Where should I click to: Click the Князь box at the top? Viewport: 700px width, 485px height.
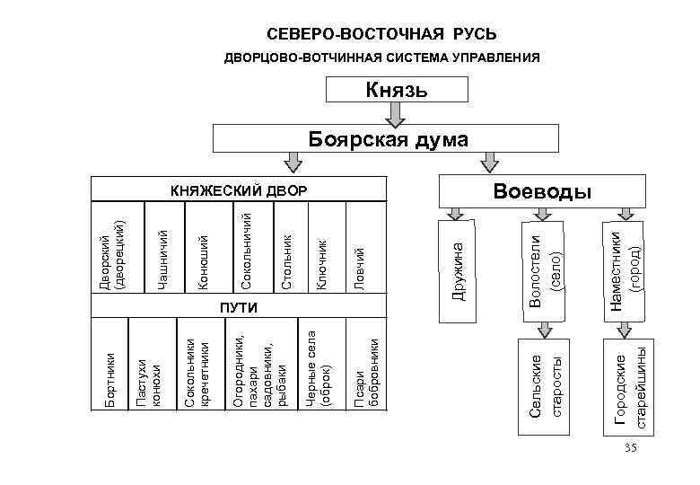pos(397,90)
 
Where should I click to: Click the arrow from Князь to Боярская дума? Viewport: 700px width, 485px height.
pos(395,114)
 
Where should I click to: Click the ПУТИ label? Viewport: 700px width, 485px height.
pos(239,308)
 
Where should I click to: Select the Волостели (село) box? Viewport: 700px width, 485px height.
pos(544,267)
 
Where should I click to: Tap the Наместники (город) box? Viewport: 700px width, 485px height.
pos(625,267)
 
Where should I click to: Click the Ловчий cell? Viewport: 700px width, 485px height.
pos(362,261)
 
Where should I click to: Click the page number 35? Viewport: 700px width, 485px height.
pos(631,447)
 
